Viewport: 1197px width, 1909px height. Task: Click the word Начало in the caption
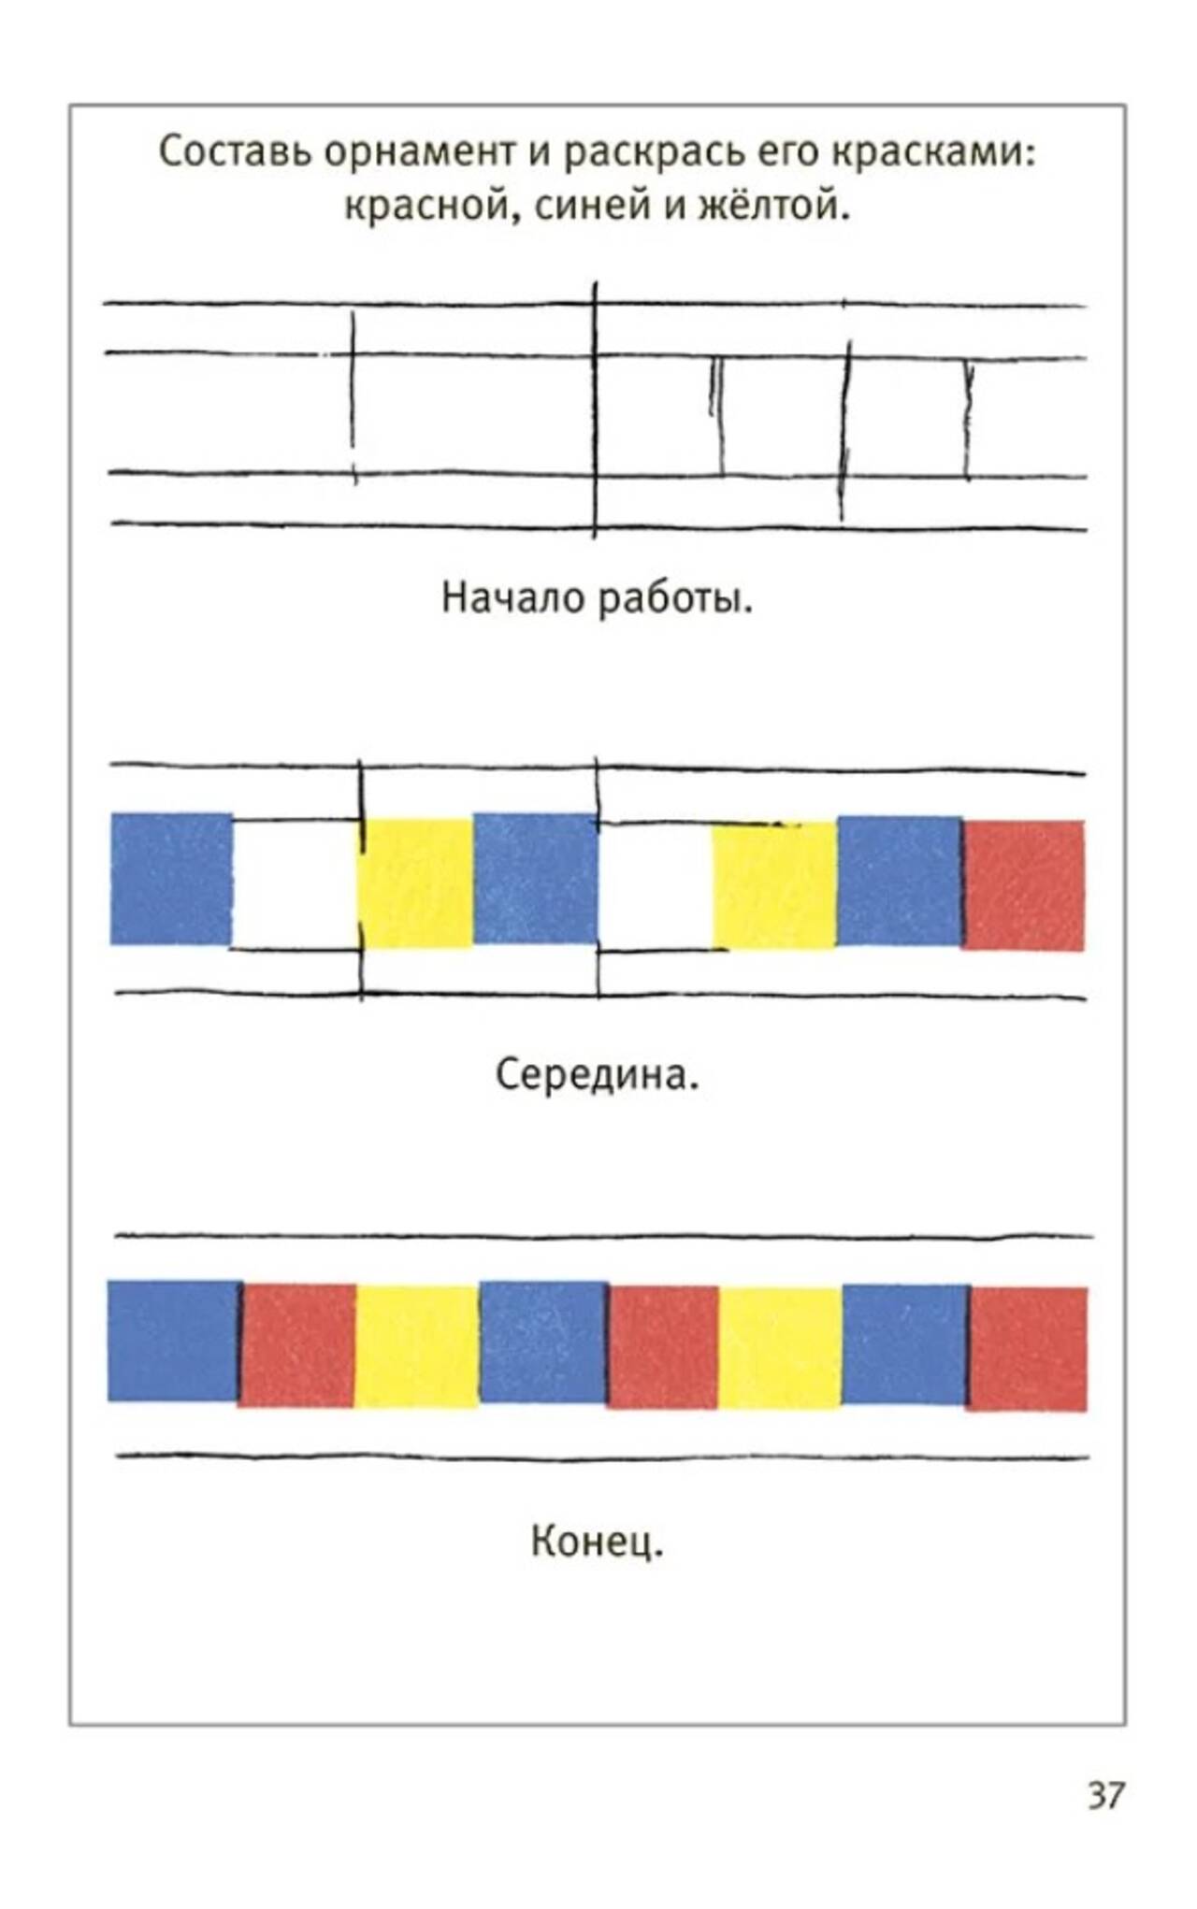[x=512, y=597]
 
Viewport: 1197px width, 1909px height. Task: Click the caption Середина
[x=597, y=1075]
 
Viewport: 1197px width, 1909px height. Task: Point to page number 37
[x=1105, y=1796]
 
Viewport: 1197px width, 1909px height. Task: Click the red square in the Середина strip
[x=1024, y=885]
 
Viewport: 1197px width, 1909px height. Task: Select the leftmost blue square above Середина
[x=171, y=879]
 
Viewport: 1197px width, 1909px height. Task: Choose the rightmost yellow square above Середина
[x=774, y=885]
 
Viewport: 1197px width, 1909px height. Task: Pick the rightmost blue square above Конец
[x=905, y=1344]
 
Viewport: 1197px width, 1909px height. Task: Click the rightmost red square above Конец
[x=1028, y=1349]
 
